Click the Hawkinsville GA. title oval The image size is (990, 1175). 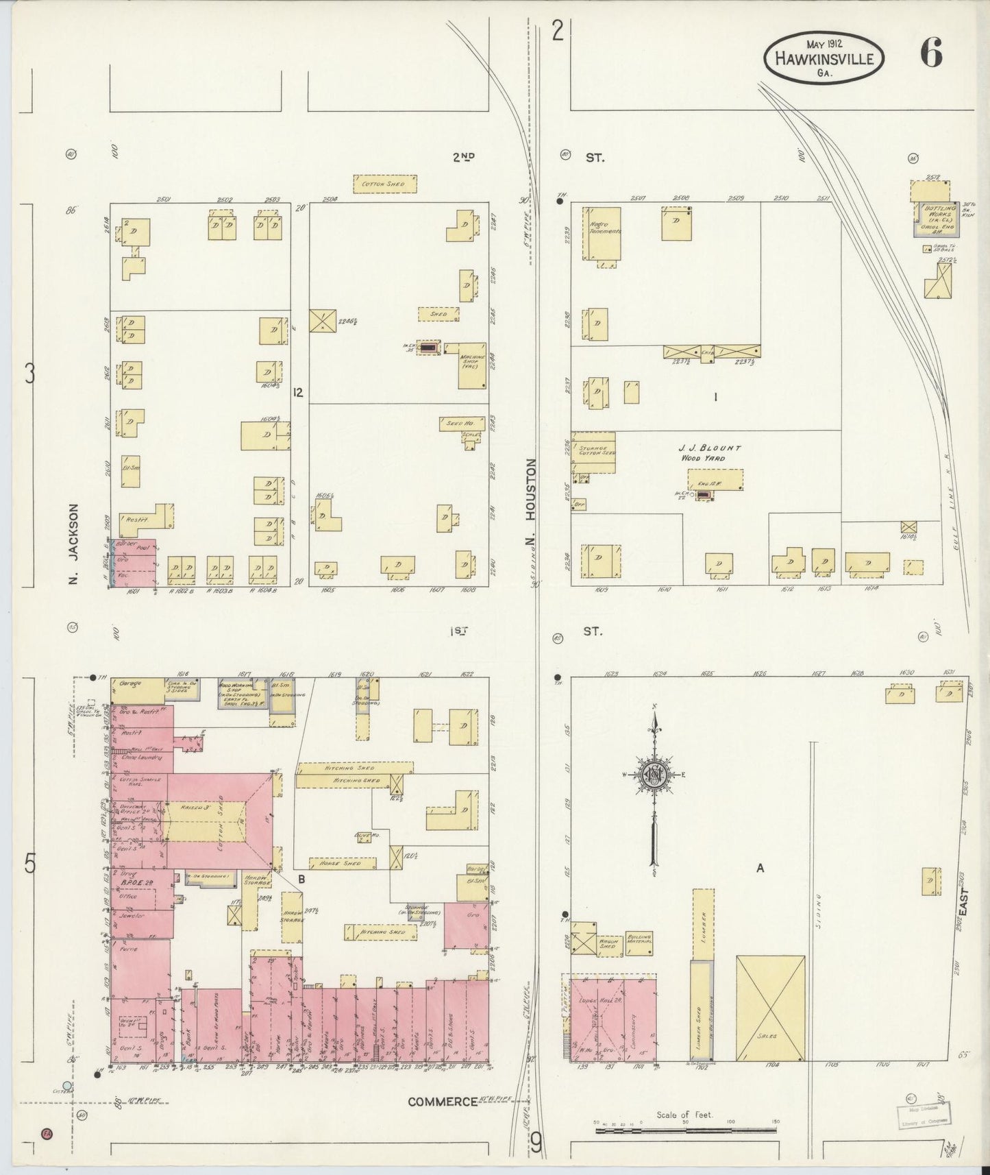(824, 58)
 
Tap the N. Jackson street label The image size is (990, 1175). (75, 544)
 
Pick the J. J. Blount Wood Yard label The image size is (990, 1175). (711, 452)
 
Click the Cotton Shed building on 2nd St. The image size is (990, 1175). (385, 184)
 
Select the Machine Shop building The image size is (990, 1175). (472, 365)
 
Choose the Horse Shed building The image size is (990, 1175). (342, 864)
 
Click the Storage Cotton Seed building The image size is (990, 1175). (593, 452)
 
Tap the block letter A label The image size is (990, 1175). (760, 869)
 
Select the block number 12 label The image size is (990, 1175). (297, 392)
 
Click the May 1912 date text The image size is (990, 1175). (824, 43)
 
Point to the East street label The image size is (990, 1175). (964, 904)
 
